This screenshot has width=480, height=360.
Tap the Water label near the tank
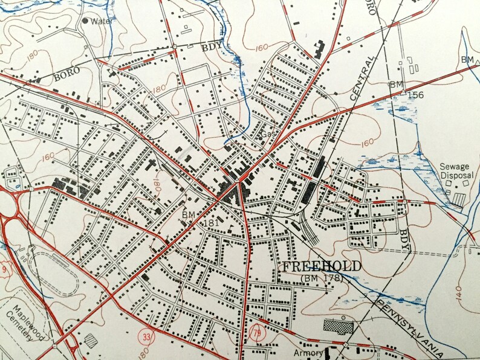point(102,21)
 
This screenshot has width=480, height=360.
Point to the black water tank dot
point(85,21)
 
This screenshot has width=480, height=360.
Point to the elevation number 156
point(415,95)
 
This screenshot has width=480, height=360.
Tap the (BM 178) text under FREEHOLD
point(320,278)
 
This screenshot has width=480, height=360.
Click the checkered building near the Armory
point(340,327)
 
